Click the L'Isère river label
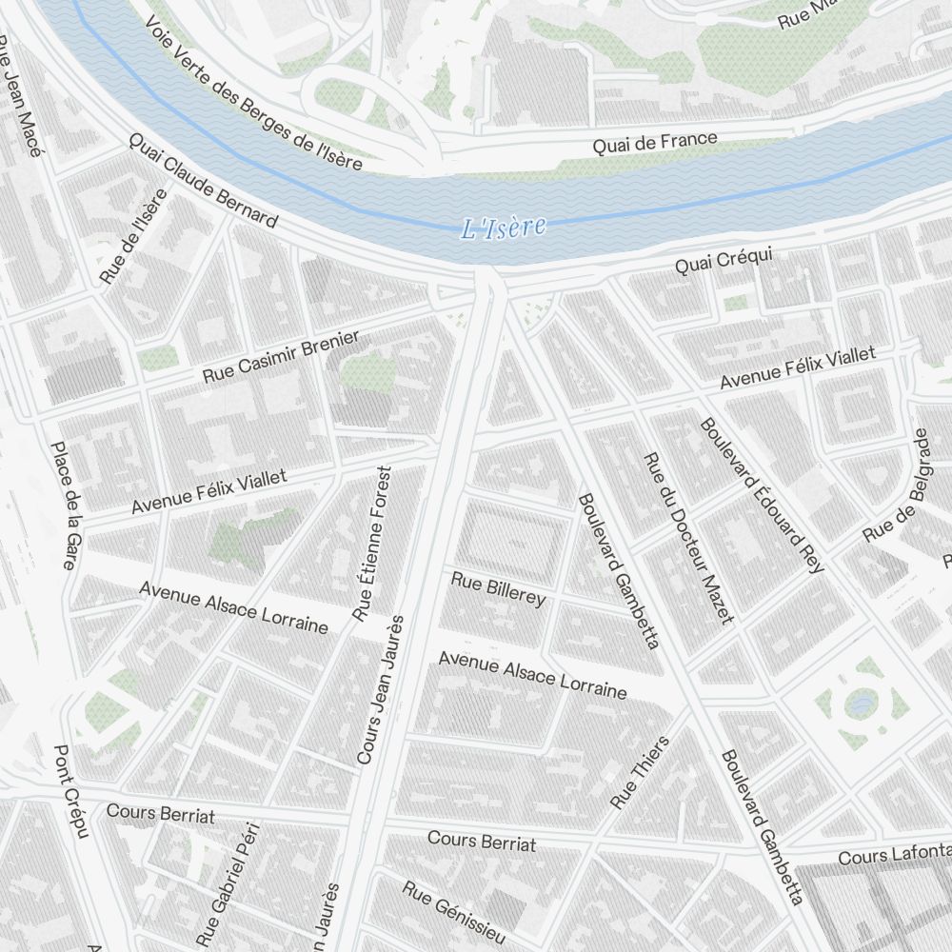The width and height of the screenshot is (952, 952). coord(503,228)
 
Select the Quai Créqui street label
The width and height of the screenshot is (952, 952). coord(724,260)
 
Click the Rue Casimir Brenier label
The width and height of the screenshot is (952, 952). coord(281,357)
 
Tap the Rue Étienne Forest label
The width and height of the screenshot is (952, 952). coord(372,544)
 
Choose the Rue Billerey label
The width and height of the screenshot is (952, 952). coord(498,588)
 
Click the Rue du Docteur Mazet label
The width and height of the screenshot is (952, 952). coord(689,538)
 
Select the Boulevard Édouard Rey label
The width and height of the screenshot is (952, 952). coord(761,495)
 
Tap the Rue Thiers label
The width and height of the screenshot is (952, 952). coord(640,772)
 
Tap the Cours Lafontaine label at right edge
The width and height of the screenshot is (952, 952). coord(894,854)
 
